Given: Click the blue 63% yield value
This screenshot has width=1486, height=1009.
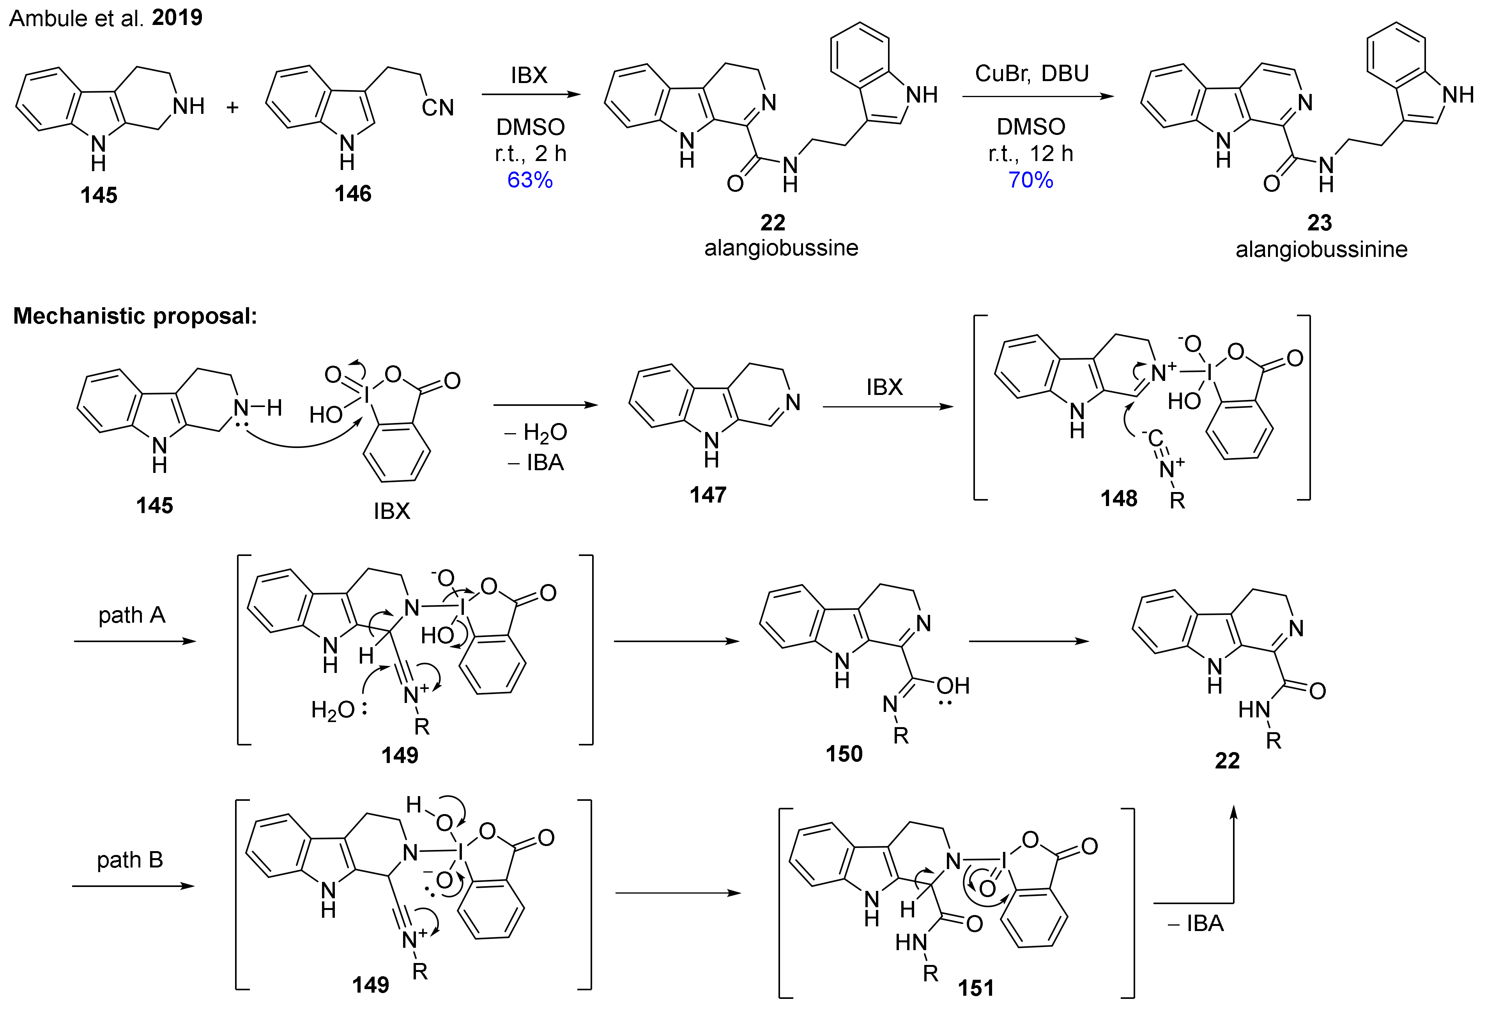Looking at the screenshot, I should (529, 180).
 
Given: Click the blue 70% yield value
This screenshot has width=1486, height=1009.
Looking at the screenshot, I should (1030, 180).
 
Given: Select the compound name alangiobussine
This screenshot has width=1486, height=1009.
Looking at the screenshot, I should (781, 248).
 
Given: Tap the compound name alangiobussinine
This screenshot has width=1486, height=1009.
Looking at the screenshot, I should (1321, 250).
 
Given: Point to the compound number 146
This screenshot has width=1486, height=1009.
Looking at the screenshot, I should (352, 193).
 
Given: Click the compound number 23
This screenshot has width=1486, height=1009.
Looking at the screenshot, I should (1319, 223).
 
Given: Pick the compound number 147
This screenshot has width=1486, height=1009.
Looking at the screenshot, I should (708, 495).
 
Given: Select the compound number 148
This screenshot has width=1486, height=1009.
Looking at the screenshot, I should (1118, 498).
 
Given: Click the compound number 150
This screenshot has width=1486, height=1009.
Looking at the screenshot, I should (844, 754).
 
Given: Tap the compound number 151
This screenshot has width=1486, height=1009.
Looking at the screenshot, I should (976, 988).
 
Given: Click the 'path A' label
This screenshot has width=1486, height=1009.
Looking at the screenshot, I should (132, 615).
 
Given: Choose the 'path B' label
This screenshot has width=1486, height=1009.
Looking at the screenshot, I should (130, 860).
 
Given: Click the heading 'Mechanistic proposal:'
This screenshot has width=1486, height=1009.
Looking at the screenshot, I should (135, 316).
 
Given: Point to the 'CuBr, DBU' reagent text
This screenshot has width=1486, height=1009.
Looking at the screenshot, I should (1031, 74).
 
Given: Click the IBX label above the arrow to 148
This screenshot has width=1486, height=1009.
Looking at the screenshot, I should (885, 387).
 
